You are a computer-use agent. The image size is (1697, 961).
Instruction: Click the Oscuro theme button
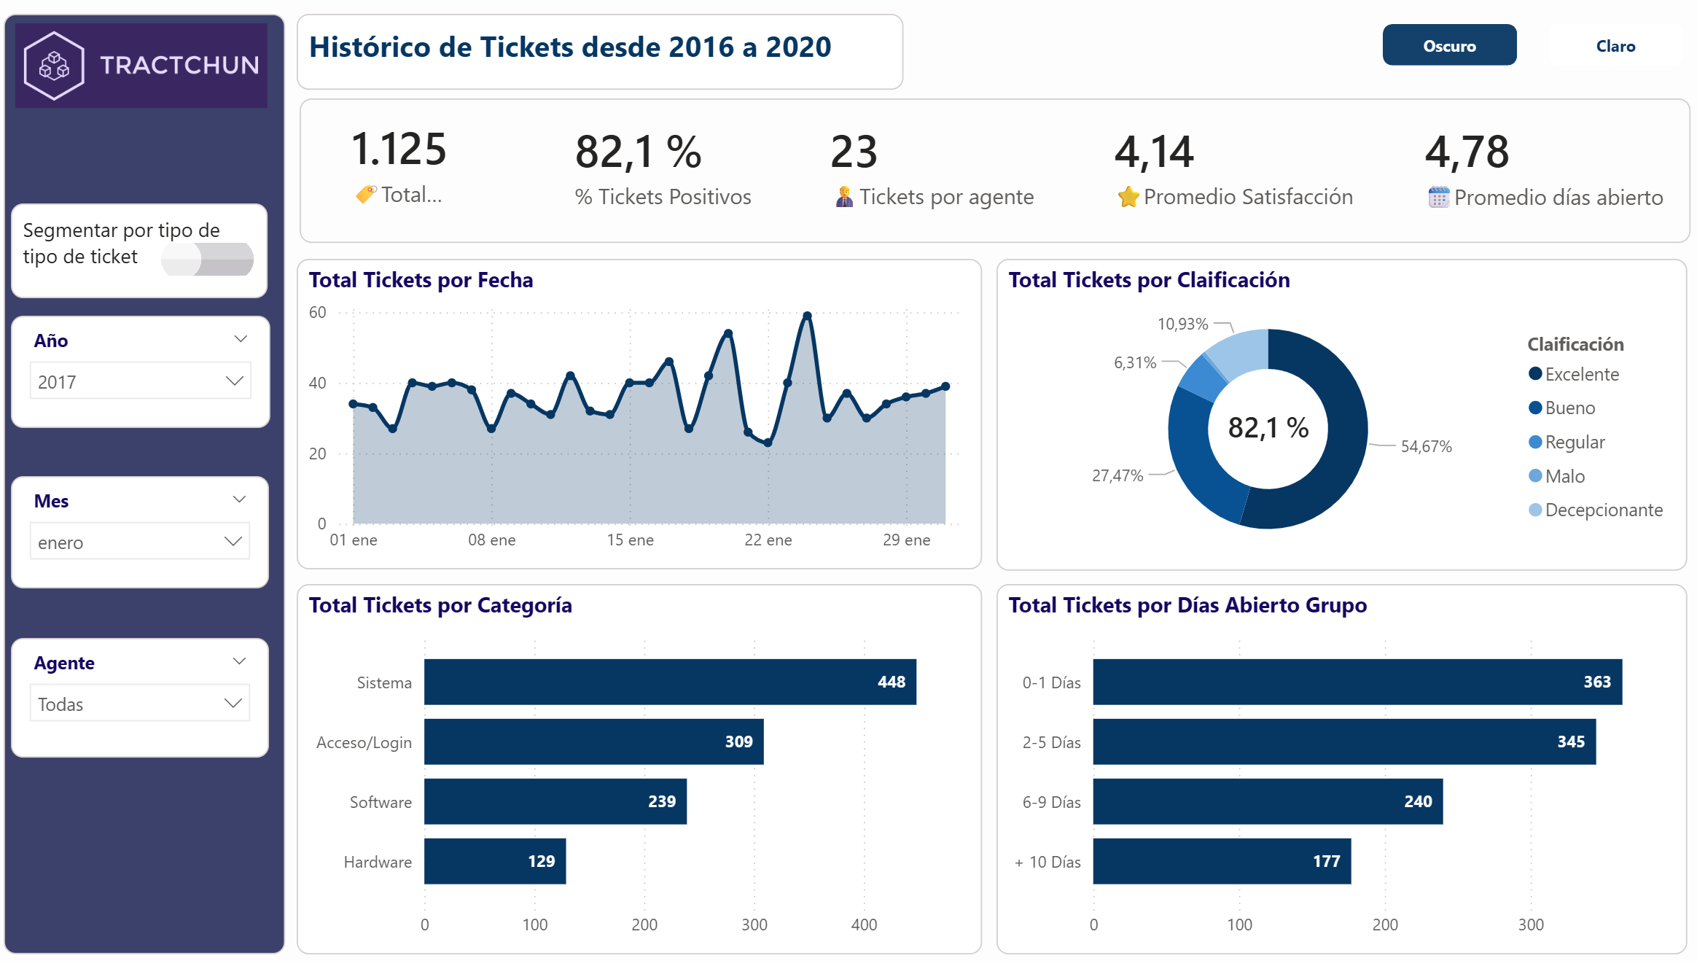1448,46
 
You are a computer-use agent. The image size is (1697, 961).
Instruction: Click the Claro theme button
1615,46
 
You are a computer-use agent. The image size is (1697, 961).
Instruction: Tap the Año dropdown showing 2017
140,381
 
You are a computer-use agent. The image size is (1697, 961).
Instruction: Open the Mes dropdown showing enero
140,542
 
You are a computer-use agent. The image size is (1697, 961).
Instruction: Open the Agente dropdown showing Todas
140,704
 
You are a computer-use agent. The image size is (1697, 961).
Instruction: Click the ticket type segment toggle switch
208,259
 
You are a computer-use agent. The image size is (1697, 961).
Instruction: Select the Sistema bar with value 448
669,682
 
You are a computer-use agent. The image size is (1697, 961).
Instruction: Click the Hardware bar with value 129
494,861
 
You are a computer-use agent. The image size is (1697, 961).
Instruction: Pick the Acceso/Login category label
364,742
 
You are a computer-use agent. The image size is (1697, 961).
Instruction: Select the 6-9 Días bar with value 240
1267,801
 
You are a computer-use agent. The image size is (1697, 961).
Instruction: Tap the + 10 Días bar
1221,861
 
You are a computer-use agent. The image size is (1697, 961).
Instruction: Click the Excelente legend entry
1580,374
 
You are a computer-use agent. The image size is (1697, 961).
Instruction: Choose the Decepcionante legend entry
1602,510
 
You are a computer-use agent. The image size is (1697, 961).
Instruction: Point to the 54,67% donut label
1426,446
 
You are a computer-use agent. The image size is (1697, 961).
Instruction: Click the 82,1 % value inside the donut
1268,428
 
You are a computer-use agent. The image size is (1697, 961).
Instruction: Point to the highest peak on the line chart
807,316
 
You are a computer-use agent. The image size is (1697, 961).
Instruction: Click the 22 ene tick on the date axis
768,540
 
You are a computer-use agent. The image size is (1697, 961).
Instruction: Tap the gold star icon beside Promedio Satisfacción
1128,197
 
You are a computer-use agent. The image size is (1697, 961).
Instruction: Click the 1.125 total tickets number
398,149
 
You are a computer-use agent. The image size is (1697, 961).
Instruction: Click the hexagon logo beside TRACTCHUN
54,66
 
